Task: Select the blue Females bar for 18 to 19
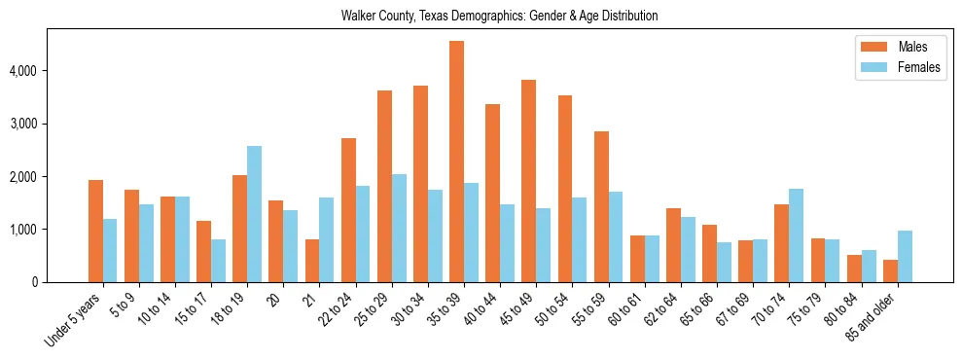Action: pyautogui.click(x=254, y=214)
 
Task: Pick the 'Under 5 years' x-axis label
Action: pyautogui.click(x=73, y=321)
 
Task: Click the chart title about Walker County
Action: pyautogui.click(x=499, y=16)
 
